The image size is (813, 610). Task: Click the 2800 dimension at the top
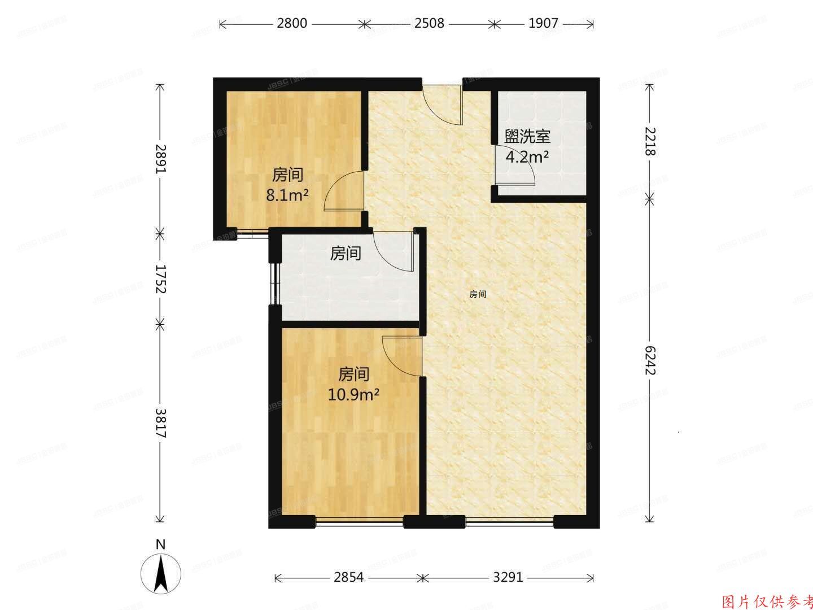pyautogui.click(x=292, y=24)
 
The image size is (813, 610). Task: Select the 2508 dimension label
pyautogui.click(x=429, y=24)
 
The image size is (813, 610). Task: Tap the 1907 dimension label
pyautogui.click(x=543, y=24)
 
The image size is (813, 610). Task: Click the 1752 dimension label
pyautogui.click(x=161, y=278)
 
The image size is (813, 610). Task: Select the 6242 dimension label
pyautogui.click(x=650, y=360)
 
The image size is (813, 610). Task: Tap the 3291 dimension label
pyautogui.click(x=508, y=578)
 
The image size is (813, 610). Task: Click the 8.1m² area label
pyautogui.click(x=288, y=196)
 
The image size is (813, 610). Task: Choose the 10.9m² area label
pyautogui.click(x=353, y=394)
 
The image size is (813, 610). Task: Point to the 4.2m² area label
pyautogui.click(x=527, y=157)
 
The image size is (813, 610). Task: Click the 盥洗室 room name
pyautogui.click(x=527, y=137)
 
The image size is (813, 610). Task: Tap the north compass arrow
pyautogui.click(x=161, y=572)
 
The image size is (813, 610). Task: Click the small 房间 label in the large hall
pyautogui.click(x=478, y=294)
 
